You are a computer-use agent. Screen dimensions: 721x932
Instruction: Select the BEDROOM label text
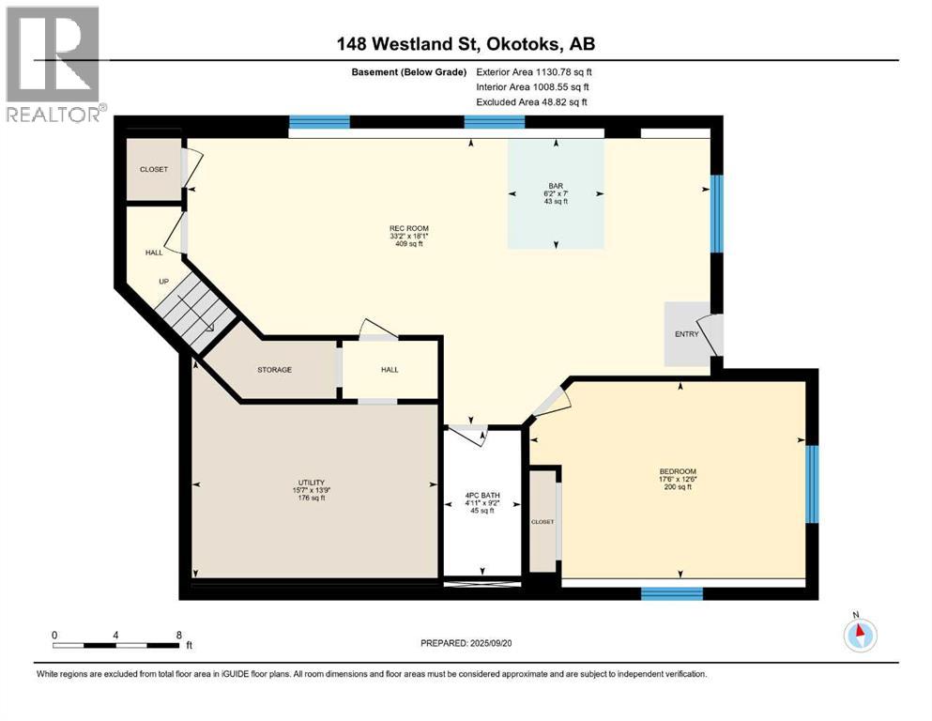point(678,471)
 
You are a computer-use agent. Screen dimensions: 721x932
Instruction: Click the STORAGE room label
point(274,370)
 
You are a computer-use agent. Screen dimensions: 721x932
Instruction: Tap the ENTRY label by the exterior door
point(687,334)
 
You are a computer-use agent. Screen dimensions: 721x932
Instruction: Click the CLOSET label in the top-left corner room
point(154,170)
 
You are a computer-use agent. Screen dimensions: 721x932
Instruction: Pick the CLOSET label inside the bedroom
point(542,521)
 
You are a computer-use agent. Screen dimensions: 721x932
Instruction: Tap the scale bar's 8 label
point(178,636)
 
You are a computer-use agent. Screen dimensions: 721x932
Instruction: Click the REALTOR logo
point(53,65)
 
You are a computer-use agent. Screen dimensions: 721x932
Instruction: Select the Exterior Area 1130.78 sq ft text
point(533,71)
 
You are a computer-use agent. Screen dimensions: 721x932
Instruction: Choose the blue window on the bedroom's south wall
point(671,592)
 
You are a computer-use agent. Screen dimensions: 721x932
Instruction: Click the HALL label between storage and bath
point(390,370)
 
